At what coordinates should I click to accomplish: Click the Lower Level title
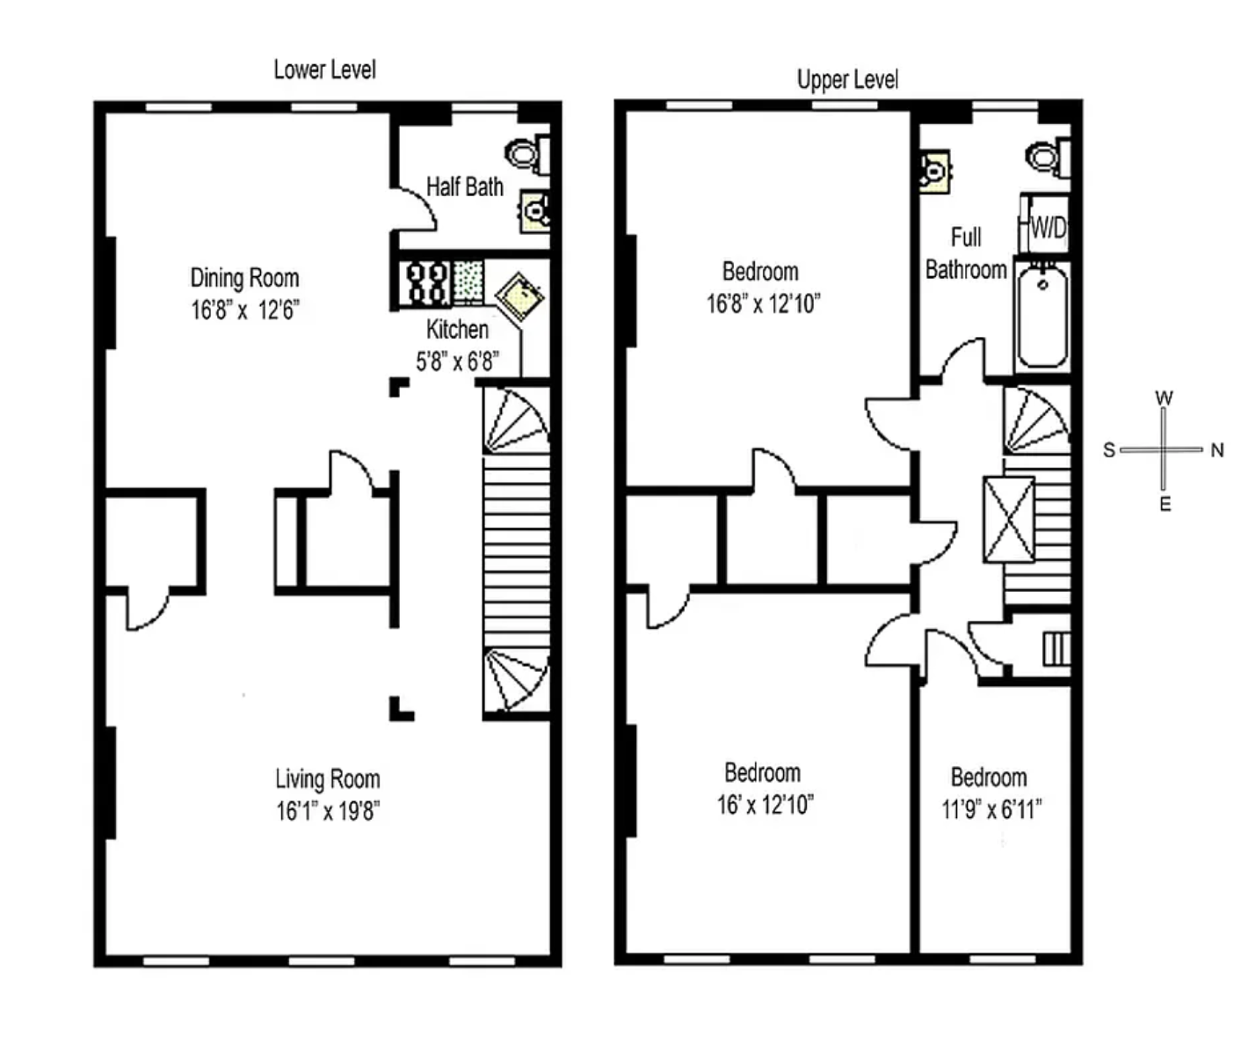tap(325, 69)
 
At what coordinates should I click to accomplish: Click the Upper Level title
tap(848, 79)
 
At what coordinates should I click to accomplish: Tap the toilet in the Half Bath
tap(527, 155)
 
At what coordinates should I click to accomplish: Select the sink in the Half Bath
tap(535, 210)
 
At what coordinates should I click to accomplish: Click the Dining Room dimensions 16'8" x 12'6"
tap(244, 310)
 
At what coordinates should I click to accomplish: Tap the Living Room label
tap(328, 779)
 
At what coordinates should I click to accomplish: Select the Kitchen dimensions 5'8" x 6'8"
tap(457, 362)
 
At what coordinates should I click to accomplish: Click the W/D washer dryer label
tap(1048, 228)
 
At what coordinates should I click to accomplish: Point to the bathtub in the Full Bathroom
tap(1042, 318)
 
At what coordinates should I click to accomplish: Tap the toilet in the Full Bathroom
tap(1049, 157)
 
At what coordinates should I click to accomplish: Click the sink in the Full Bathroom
tap(934, 172)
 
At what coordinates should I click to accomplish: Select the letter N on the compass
tap(1216, 450)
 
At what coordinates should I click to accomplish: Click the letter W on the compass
tap(1165, 398)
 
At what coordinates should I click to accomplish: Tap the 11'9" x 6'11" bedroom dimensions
tap(991, 810)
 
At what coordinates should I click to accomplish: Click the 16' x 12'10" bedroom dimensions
tap(765, 805)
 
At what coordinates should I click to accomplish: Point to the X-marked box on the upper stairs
tap(1009, 519)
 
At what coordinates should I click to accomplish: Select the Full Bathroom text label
tap(966, 253)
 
